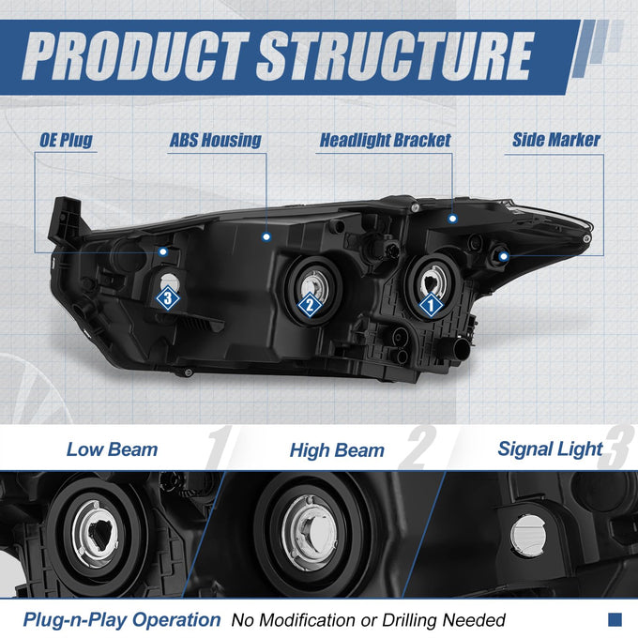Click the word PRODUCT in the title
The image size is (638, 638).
[x=135, y=56]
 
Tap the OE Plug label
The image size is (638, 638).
[x=66, y=141]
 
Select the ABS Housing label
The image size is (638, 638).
[x=215, y=141]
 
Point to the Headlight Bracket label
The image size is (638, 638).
[x=385, y=141]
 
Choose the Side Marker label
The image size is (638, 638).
[x=556, y=140]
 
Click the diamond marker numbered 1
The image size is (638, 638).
[x=431, y=305]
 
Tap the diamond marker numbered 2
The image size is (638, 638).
[x=310, y=304]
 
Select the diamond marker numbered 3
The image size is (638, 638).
[x=168, y=297]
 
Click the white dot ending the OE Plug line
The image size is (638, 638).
[x=163, y=251]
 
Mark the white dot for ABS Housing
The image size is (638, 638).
[x=266, y=236]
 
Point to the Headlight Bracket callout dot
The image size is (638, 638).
[x=452, y=219]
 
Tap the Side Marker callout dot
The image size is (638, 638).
[x=504, y=256]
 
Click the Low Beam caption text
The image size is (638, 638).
[x=112, y=449]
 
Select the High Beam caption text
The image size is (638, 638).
[x=337, y=450]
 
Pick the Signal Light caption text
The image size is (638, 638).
[x=550, y=449]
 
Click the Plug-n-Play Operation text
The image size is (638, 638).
[x=122, y=620]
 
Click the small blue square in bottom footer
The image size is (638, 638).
[x=615, y=619]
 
